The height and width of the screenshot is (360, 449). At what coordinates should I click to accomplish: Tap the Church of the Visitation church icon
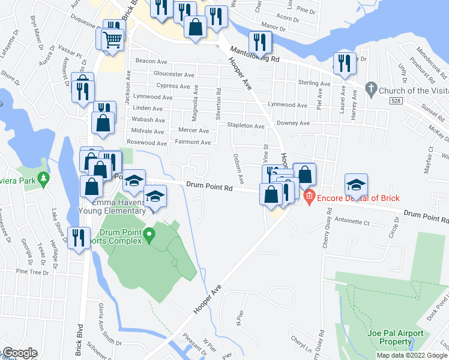tap(370, 91)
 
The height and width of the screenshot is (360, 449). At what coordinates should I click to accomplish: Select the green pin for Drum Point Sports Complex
tap(151, 236)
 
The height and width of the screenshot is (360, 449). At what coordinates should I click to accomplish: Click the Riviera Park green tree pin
tap(43, 179)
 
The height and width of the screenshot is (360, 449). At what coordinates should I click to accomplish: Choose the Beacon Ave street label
tap(151, 61)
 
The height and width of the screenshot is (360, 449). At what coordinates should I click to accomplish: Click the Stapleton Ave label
tap(245, 127)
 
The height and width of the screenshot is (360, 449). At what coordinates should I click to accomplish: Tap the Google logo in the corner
tap(19, 353)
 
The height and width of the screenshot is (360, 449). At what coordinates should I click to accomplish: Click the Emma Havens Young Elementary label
tap(113, 210)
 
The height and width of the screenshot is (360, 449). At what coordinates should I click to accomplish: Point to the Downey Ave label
tap(293, 123)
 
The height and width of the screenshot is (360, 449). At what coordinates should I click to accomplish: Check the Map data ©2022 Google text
tap(412, 355)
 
